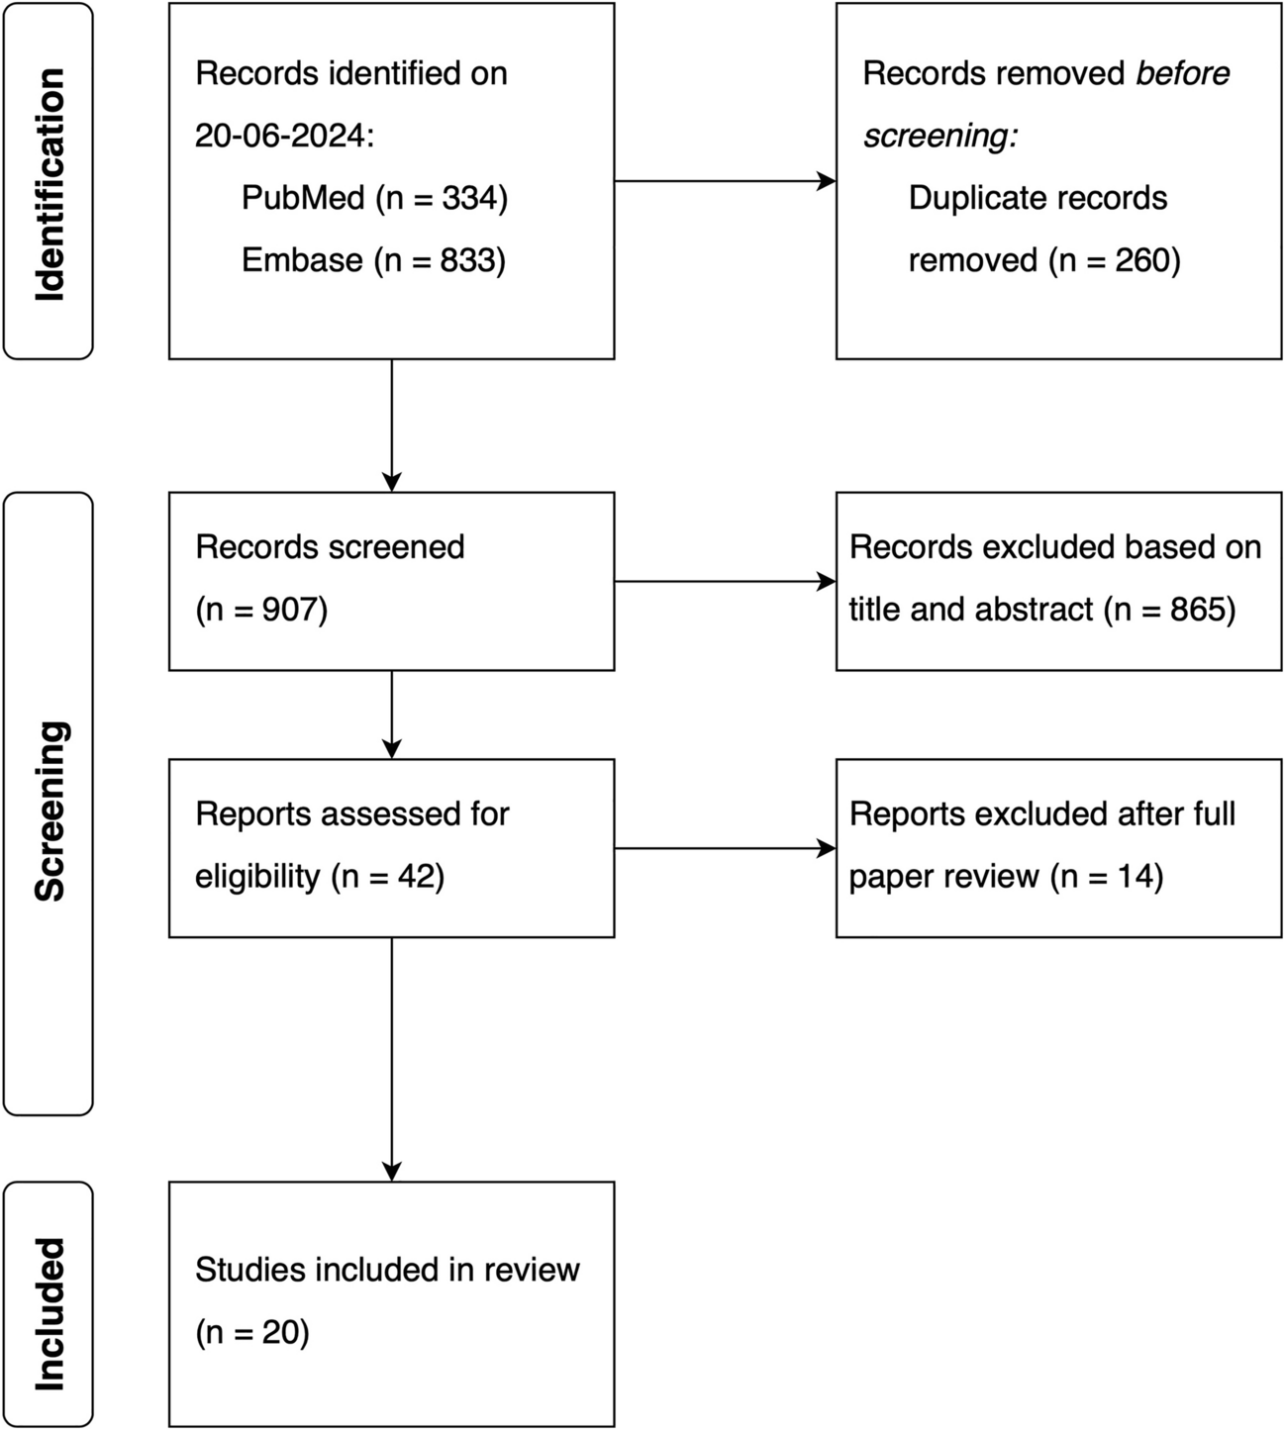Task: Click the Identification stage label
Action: (49, 184)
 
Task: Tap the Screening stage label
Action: (49, 811)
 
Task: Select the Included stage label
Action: (49, 1314)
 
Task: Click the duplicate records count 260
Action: (1141, 260)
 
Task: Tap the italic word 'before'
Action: (1182, 73)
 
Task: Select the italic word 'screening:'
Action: (940, 136)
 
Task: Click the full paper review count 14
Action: (1133, 876)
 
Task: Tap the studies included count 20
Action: (279, 1332)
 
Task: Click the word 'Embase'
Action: (303, 260)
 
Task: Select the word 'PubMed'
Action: (303, 198)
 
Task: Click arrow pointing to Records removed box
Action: (726, 181)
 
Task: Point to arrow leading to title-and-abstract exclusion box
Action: (726, 581)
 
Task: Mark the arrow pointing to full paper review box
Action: (726, 848)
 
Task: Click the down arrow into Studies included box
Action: (392, 1060)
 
